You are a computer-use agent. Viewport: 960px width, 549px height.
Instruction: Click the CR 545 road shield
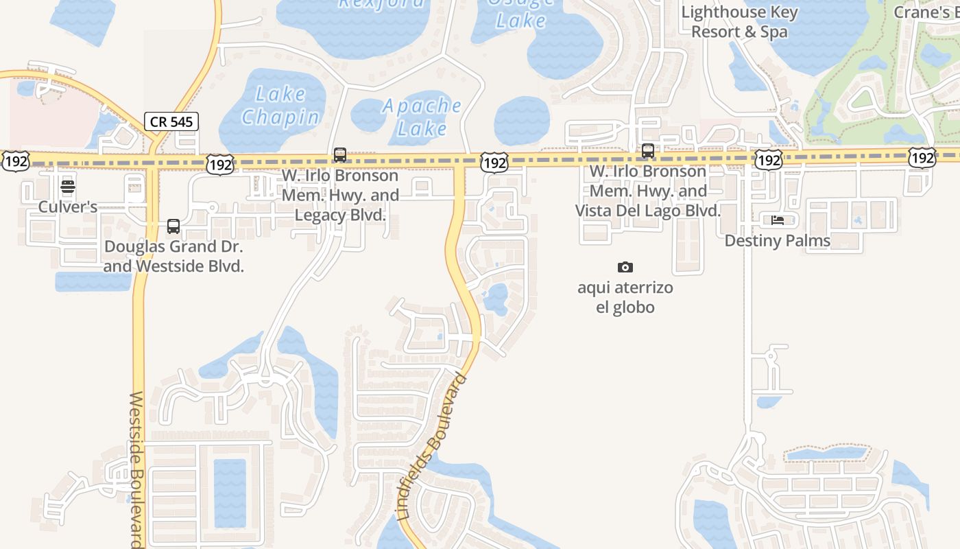click(x=172, y=121)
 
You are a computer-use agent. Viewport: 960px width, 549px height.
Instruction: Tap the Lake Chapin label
click(x=281, y=106)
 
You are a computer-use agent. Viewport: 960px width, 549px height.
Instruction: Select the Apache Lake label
click(x=422, y=117)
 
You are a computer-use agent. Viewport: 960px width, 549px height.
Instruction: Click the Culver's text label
click(x=67, y=207)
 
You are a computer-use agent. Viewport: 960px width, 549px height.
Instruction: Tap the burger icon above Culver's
click(x=67, y=187)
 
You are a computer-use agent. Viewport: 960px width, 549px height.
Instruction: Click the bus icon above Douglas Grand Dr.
click(x=173, y=226)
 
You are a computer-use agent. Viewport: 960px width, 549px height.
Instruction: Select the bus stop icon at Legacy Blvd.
click(x=340, y=155)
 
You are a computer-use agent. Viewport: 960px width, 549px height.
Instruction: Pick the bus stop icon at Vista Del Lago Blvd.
click(x=647, y=151)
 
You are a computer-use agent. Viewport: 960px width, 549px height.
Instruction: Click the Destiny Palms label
click(x=777, y=241)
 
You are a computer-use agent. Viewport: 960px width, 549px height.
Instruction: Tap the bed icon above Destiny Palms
click(x=777, y=220)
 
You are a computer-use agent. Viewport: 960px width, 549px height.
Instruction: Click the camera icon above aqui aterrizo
click(x=625, y=267)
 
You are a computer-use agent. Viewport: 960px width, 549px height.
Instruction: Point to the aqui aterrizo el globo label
click(x=625, y=297)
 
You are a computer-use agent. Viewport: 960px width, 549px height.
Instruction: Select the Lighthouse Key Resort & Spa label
click(x=739, y=22)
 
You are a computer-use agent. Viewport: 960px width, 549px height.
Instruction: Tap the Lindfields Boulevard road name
click(x=432, y=446)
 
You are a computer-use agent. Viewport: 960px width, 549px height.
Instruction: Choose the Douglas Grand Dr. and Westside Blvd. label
click(x=173, y=256)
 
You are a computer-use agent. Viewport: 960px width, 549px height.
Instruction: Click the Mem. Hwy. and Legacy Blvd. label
click(x=340, y=196)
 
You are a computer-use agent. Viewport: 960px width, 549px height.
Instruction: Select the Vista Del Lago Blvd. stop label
click(x=647, y=191)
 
